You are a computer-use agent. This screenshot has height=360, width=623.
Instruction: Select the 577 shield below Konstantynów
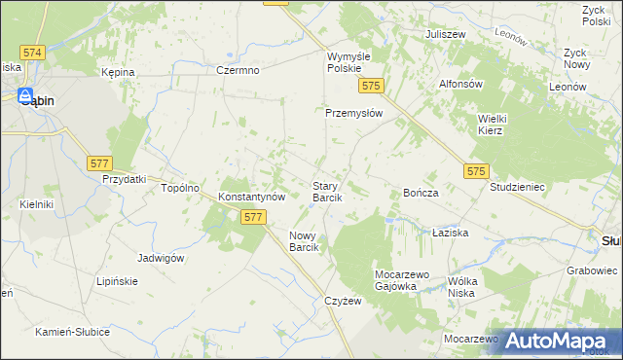click(253, 217)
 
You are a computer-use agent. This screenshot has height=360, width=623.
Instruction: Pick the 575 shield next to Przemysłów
click(369, 87)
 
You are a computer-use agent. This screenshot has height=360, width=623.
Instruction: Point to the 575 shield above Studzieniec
click(475, 171)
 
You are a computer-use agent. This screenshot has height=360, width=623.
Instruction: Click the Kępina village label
click(118, 72)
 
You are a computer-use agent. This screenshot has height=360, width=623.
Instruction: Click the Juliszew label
click(445, 34)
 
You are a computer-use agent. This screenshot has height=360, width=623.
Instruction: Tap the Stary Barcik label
click(326, 191)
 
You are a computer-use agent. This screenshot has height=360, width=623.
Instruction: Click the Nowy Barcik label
click(311, 241)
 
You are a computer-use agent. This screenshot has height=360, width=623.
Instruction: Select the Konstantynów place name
click(251, 196)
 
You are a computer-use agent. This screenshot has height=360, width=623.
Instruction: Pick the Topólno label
click(180, 188)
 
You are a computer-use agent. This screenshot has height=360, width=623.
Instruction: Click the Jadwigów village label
click(162, 258)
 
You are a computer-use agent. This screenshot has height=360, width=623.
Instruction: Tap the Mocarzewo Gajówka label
click(397, 280)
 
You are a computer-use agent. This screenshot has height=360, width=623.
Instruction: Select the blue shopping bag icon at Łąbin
click(22, 95)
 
